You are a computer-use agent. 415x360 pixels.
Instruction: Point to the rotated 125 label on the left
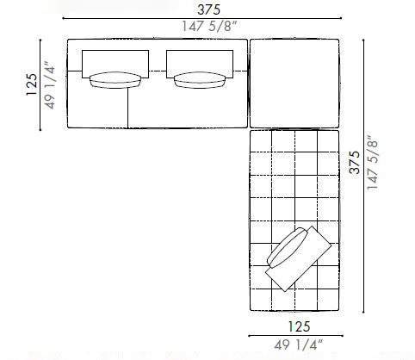click(31, 84)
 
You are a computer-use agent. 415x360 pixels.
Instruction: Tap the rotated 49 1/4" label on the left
click(53, 84)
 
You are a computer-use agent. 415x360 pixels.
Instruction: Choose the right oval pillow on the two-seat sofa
click(198, 80)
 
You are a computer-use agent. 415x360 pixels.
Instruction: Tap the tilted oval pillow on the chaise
click(288, 251)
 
